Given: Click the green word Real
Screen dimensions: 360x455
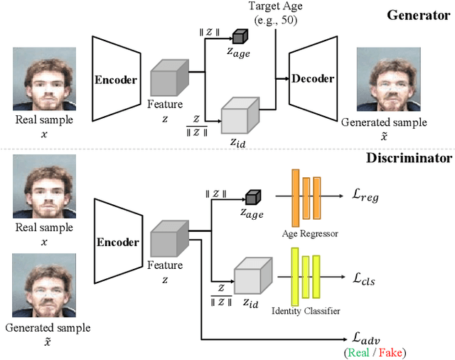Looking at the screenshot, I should click(358, 352).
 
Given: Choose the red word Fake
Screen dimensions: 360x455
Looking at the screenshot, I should click(390, 352).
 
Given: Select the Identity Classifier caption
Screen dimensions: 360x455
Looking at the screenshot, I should click(306, 311).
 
